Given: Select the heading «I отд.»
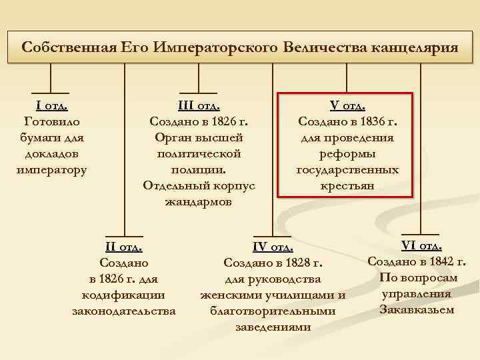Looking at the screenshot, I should pos(51,105).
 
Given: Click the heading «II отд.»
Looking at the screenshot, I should pos(124,247).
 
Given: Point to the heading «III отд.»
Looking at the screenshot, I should pos(199,105).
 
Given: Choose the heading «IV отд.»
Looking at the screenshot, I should pos(273,248).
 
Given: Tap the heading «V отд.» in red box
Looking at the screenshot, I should pos(347,105).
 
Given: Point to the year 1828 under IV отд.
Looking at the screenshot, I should pos(297,263).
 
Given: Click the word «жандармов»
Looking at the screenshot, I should pos(199,201).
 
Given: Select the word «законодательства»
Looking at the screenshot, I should pos(124,311).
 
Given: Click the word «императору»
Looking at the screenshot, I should pos(51,169).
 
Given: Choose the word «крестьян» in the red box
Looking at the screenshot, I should pos(347,185).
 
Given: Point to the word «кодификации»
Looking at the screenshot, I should pos(124,295).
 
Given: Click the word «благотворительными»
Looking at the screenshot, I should pos(273,311).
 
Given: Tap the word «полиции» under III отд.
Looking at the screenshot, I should pos(198,169).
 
